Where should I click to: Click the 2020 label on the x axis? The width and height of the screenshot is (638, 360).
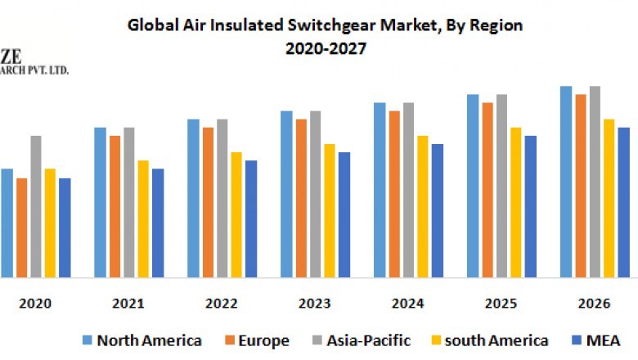pos(35,304)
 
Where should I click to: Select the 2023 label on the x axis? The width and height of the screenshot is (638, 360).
pos(315,304)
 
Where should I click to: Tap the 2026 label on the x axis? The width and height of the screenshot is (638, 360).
pos(594,304)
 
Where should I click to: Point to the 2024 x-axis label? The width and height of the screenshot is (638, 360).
pos(407,304)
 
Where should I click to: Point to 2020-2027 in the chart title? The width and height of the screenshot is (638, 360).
pos(325,48)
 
